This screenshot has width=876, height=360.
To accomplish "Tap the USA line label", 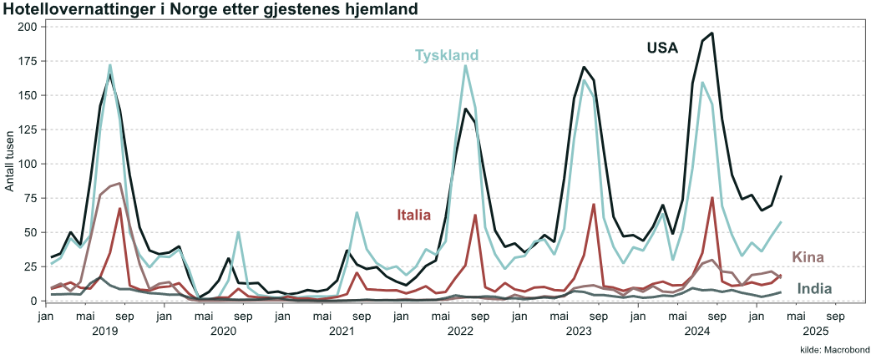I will pyautogui.click(x=662, y=48).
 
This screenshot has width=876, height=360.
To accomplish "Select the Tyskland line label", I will pyautogui.click(x=447, y=55).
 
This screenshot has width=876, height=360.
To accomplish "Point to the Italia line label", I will pyautogui.click(x=413, y=215).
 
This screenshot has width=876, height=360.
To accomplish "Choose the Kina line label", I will pyautogui.click(x=808, y=256).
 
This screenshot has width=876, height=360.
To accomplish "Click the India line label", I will pyautogui.click(x=814, y=289).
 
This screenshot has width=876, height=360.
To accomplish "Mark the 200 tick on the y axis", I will pyautogui.click(x=27, y=27).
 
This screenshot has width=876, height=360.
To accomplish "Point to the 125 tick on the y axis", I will pyautogui.click(x=27, y=129).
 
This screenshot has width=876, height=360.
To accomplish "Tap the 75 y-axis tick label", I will pyautogui.click(x=30, y=198).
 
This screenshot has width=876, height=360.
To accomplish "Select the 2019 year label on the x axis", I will pyautogui.click(x=105, y=332).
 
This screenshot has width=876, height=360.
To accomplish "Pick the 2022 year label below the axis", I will pyautogui.click(x=461, y=332).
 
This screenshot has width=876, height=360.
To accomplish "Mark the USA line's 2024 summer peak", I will pyautogui.click(x=711, y=33).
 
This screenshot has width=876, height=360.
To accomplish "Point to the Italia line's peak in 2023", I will pyautogui.click(x=593, y=205).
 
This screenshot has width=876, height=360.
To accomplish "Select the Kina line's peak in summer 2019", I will pyautogui.click(x=120, y=183).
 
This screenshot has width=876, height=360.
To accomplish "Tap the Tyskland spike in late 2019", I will pyautogui.click(x=238, y=232).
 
